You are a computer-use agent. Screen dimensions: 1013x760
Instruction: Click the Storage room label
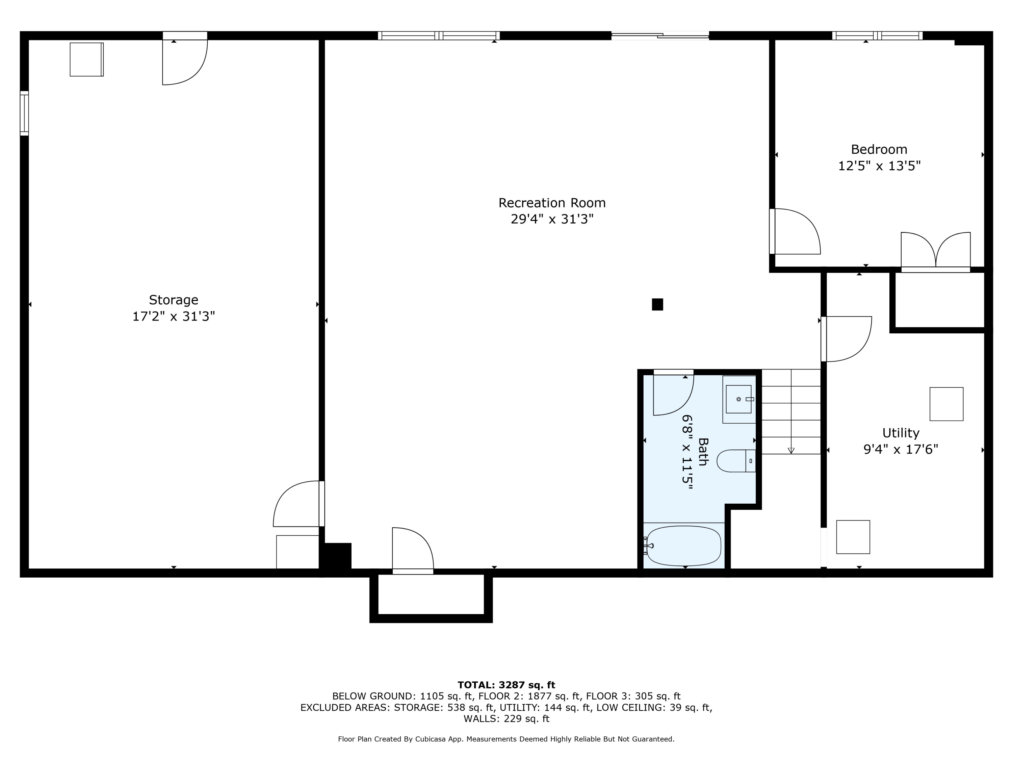click(x=174, y=300)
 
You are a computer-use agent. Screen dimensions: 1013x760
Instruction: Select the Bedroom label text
click(x=879, y=149)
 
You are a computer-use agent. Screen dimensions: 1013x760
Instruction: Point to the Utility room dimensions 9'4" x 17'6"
click(x=901, y=449)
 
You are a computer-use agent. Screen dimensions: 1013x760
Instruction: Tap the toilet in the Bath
click(x=736, y=461)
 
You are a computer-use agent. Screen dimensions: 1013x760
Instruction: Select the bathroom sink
click(x=739, y=400)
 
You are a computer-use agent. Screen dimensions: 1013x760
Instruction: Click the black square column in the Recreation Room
click(x=657, y=304)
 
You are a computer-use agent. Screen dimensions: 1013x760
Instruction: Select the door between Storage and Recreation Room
click(x=298, y=504)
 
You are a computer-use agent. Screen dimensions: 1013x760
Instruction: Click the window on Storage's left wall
click(x=24, y=113)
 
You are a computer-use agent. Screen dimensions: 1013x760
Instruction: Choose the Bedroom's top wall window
click(x=877, y=36)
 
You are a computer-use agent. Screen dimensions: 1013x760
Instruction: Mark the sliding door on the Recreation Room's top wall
click(x=660, y=35)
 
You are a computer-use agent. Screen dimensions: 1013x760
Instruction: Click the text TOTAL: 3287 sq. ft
click(x=506, y=685)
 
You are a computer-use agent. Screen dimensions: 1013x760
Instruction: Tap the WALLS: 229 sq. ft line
click(x=506, y=719)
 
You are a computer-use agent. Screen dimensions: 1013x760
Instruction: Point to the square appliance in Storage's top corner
click(x=86, y=59)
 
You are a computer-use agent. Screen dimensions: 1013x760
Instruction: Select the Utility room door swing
click(x=846, y=339)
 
